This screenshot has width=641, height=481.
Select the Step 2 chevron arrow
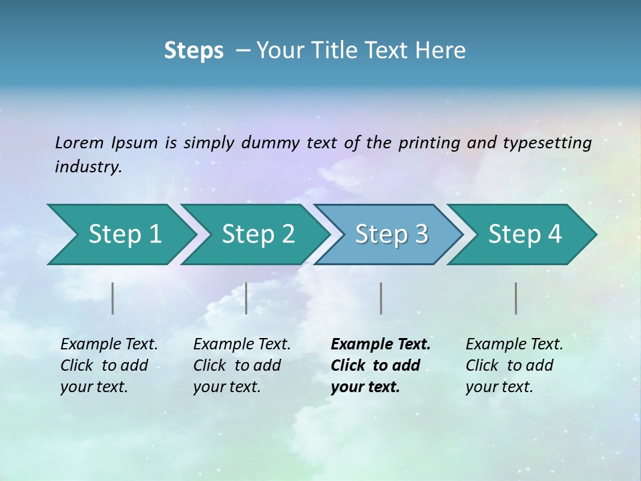[x=258, y=234]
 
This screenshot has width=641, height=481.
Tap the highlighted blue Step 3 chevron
[x=391, y=234]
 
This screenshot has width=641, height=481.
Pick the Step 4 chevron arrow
[x=525, y=234]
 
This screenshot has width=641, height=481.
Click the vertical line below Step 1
[x=113, y=298]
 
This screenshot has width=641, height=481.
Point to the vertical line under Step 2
[x=246, y=298]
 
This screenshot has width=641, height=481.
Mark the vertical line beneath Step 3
[x=381, y=298]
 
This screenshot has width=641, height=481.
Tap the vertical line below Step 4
[x=515, y=298]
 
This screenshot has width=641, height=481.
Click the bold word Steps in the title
[x=194, y=51]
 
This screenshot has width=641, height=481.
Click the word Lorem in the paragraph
[x=79, y=142]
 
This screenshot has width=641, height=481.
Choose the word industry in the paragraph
[x=87, y=166]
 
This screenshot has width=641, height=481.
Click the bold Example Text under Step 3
[x=381, y=345]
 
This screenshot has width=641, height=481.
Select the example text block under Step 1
[x=109, y=365]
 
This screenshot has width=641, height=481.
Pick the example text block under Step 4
[x=513, y=365]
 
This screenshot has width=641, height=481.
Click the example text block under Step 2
[x=242, y=365]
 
